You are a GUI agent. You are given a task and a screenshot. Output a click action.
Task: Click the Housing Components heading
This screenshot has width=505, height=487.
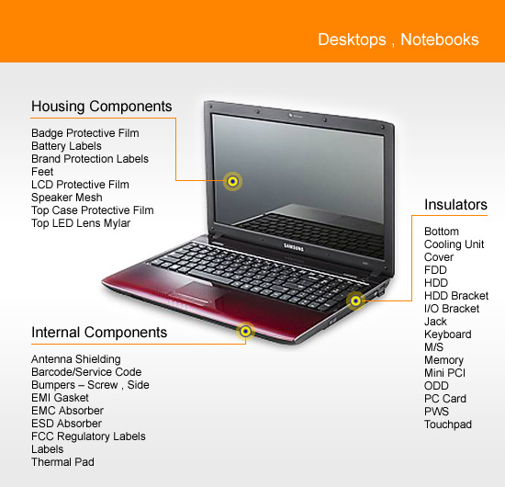(101, 107)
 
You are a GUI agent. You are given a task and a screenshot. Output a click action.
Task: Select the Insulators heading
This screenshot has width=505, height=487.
(455, 205)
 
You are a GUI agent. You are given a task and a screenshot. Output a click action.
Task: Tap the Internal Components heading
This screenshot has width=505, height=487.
(99, 333)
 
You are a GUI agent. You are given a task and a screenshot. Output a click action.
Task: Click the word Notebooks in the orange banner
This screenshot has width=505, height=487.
(440, 40)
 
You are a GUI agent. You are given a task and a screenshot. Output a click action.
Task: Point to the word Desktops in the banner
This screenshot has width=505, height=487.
(352, 40)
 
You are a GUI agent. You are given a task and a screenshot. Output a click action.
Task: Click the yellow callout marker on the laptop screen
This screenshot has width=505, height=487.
(232, 181)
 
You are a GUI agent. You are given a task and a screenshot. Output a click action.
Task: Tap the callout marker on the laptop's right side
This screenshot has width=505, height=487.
(355, 301)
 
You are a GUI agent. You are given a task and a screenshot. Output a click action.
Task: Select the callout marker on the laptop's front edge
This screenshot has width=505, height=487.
(245, 331)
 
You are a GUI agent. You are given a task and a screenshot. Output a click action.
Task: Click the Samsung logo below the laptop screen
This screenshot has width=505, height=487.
(294, 247)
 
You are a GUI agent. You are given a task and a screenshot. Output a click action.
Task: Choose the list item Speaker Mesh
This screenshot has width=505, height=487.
(67, 198)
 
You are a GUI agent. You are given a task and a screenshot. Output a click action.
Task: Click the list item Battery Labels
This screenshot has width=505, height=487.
(66, 146)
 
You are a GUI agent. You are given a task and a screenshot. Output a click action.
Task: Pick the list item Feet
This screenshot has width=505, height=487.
(42, 172)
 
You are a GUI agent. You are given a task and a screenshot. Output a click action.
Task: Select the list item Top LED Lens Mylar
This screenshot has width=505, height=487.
(81, 223)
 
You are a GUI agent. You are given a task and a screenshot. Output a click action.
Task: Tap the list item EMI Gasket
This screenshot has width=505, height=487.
(60, 398)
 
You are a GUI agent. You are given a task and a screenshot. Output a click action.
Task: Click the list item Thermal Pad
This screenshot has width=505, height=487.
(62, 462)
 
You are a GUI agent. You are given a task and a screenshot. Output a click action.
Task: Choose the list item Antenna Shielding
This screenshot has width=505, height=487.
(76, 359)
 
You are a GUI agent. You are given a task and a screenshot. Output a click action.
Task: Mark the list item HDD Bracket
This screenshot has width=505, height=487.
(456, 296)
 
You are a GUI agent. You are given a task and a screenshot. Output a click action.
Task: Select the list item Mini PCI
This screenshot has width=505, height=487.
(444, 373)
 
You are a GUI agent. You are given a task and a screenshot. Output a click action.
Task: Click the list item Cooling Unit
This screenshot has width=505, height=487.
(454, 244)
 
